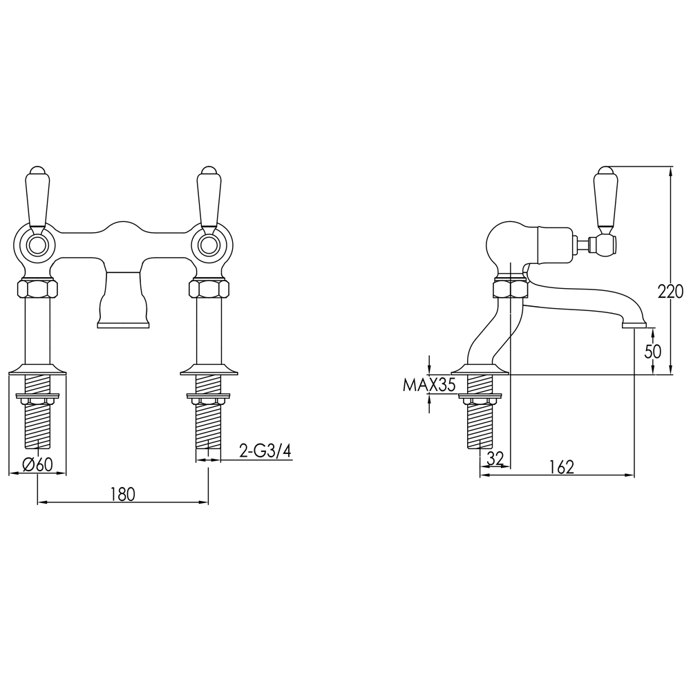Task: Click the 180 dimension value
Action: (x=122, y=494)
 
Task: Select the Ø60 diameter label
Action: (x=37, y=465)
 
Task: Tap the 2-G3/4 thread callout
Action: (x=265, y=451)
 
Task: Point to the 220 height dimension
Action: (x=670, y=291)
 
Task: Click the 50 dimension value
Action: (x=653, y=351)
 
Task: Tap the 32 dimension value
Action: (x=495, y=457)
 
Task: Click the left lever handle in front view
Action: (x=37, y=196)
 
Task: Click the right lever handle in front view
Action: (x=209, y=196)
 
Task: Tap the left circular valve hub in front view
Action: (x=37, y=245)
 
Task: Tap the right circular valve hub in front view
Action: (x=209, y=245)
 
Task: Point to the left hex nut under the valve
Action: (x=37, y=288)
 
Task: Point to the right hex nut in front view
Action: (x=209, y=288)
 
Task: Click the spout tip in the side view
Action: (x=634, y=323)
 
